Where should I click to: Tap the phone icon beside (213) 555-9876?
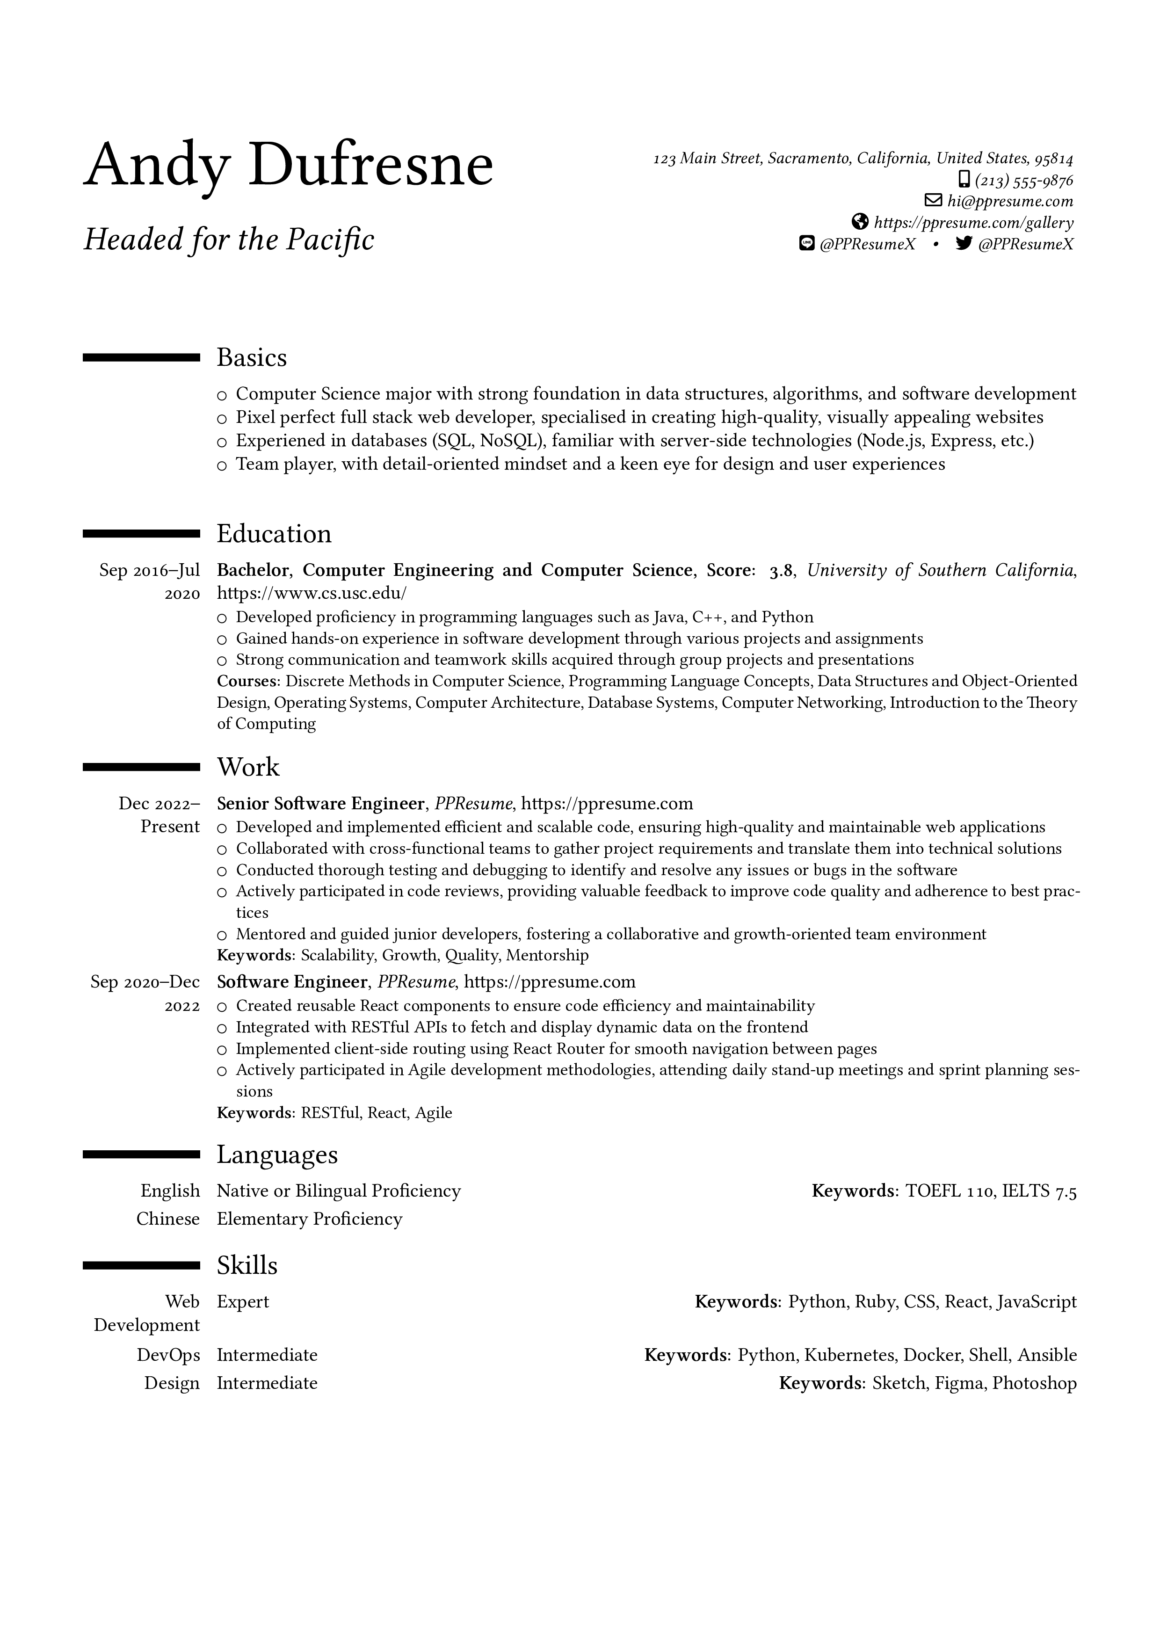coord(964,179)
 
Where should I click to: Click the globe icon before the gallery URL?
coord(861,222)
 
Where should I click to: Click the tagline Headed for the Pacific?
coord(229,240)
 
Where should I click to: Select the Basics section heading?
coord(252,357)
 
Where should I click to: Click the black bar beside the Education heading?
coord(142,533)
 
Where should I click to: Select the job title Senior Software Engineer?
coord(320,804)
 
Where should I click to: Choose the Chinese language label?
coord(168,1220)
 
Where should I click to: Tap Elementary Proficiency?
coord(310,1220)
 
